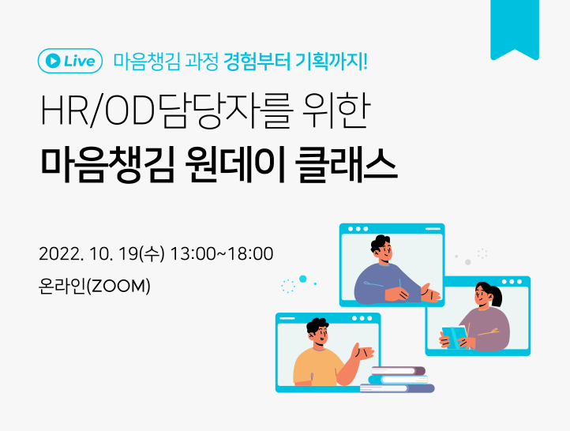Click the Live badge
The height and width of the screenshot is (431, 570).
pyautogui.click(x=70, y=61)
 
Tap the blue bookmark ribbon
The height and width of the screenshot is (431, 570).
pyautogui.click(x=514, y=27)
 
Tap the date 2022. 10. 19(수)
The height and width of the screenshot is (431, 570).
pyautogui.click(x=101, y=254)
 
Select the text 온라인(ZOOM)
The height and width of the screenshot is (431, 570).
pyautogui.click(x=94, y=285)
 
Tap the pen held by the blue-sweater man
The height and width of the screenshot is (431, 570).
pyautogui.click(x=400, y=284)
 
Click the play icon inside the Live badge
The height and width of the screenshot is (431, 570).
pyautogui.click(x=52, y=61)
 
